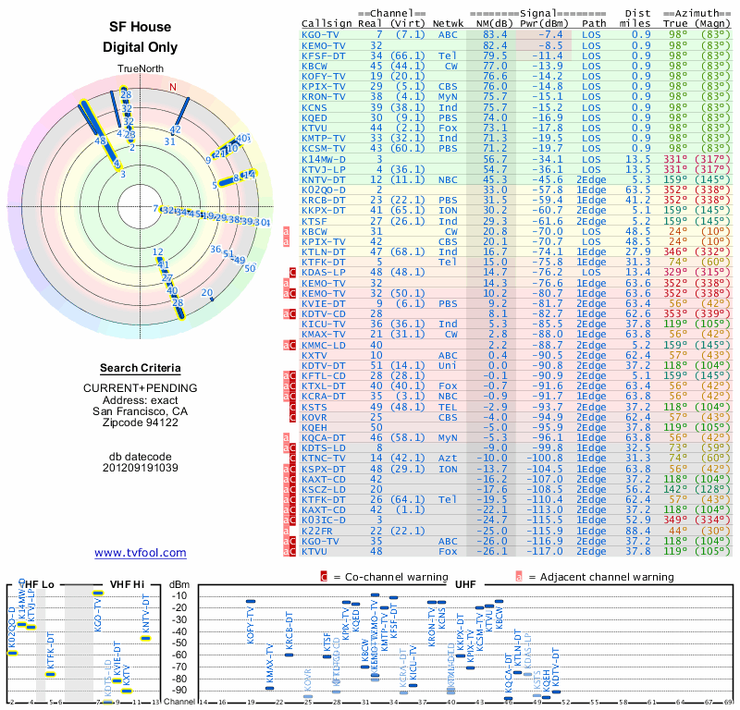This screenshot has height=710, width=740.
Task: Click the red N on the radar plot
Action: coord(172,88)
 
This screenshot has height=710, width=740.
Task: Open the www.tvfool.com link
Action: coord(140,553)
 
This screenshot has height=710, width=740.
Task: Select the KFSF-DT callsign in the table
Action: coord(325,55)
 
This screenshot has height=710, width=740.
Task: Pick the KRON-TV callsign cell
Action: coord(325,96)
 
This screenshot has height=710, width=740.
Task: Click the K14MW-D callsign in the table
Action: coord(325,158)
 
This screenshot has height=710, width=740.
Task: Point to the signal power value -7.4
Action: coord(546,34)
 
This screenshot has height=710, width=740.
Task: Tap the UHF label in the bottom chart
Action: coord(466,584)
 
